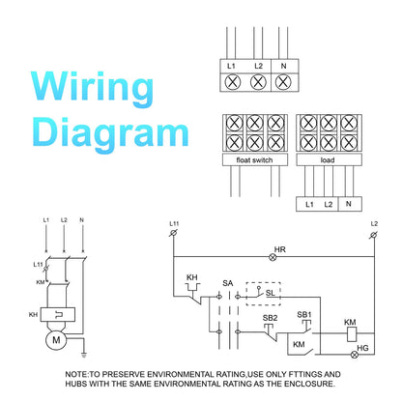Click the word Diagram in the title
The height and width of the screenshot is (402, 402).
(x=110, y=133)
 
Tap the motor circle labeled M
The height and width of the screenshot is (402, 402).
(x=56, y=340)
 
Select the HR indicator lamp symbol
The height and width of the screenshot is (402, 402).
(x=273, y=257)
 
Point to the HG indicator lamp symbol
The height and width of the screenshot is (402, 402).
(x=355, y=355)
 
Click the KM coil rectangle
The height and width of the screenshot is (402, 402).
(x=352, y=334)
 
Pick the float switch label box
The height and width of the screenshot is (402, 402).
(x=255, y=159)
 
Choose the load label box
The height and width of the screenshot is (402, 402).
(x=329, y=159)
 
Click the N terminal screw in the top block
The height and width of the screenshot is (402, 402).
(x=283, y=82)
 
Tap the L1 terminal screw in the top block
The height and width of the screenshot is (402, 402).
(x=233, y=82)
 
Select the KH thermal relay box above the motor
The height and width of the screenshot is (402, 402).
(x=58, y=315)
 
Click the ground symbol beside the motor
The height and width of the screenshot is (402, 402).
(x=84, y=355)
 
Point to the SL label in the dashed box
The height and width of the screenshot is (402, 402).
(x=271, y=293)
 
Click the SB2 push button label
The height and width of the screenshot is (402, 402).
(x=270, y=318)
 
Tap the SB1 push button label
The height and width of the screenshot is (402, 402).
(x=304, y=314)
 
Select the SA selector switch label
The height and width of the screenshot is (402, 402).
(x=227, y=283)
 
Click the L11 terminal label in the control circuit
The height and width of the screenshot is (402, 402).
(x=174, y=223)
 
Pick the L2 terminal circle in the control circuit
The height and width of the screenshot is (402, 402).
(x=373, y=235)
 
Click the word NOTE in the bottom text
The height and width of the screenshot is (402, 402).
(x=76, y=374)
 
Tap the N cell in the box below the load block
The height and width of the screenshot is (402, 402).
(x=350, y=204)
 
